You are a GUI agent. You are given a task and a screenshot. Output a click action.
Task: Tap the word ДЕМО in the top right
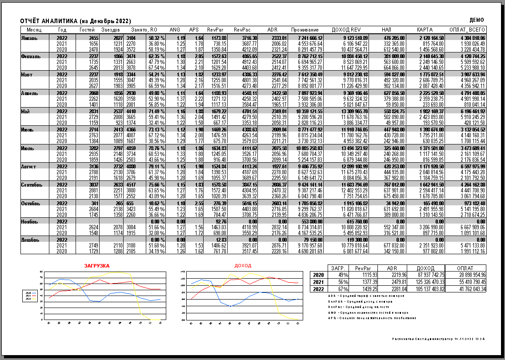(x=477, y=20)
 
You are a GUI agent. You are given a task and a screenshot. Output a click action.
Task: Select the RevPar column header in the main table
(x=215, y=29)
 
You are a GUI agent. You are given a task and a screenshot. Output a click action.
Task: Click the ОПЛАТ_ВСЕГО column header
(x=467, y=29)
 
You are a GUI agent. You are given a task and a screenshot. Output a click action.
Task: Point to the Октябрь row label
(x=31, y=203)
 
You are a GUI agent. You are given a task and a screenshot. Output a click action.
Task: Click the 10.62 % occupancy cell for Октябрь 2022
(x=156, y=203)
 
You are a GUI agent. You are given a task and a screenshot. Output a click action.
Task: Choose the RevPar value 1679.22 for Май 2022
(x=217, y=112)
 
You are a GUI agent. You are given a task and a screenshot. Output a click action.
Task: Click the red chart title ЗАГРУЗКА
(x=97, y=266)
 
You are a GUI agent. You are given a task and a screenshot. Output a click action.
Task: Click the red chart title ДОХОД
(x=243, y=266)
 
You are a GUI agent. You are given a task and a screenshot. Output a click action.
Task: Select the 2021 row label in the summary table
(x=318, y=282)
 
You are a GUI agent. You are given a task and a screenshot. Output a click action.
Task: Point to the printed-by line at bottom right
(x=438, y=339)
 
